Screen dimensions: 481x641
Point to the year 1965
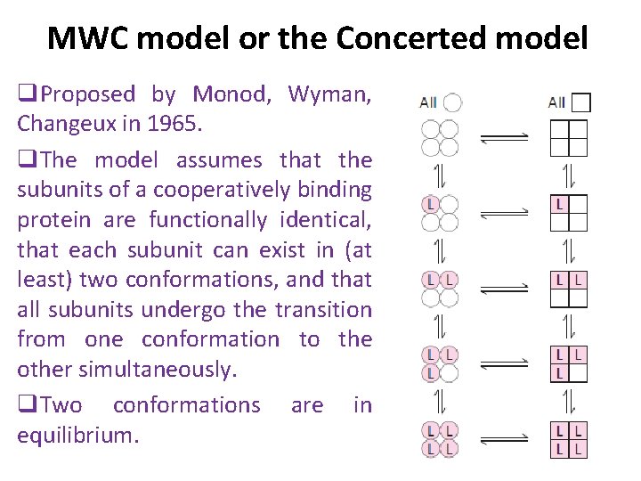[x=175, y=123]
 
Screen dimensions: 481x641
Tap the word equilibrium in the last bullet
[x=78, y=435]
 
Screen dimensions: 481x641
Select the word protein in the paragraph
[x=53, y=219]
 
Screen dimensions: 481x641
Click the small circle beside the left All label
[x=452, y=102]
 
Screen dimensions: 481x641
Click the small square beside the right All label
[x=580, y=102]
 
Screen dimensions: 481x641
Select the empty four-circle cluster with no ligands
[x=439, y=138]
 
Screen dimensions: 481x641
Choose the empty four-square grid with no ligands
[x=568, y=138]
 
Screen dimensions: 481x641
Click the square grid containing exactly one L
[x=568, y=213]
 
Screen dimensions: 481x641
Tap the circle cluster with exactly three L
[x=439, y=364]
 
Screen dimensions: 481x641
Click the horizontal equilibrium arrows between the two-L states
[x=504, y=288]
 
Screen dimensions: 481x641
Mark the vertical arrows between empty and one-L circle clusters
[x=439, y=175]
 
